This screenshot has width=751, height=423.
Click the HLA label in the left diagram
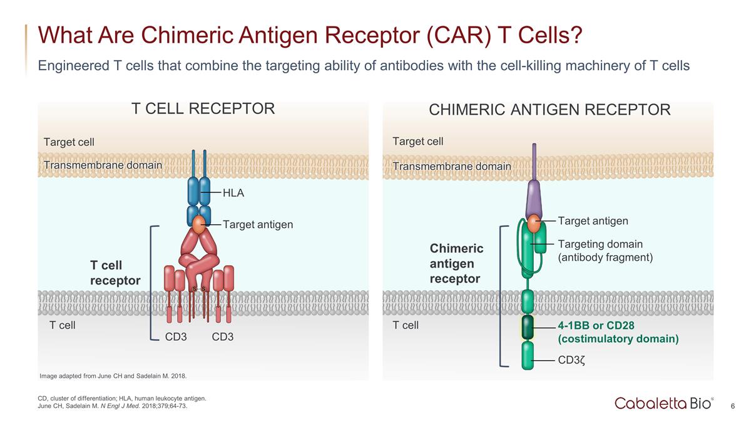pos(233,193)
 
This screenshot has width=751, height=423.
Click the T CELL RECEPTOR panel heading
pos(203,109)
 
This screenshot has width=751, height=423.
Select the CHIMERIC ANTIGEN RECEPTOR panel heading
pos(549,110)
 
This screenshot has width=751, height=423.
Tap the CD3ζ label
pos(571,360)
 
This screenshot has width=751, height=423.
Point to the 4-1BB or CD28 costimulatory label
pos(618,332)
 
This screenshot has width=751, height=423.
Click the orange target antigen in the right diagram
pos(534,222)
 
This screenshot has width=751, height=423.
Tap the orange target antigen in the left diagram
pos(199,224)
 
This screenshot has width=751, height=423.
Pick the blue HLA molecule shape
pos(199,191)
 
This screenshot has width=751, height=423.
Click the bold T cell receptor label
pos(115,273)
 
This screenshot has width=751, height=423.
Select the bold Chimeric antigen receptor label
pos(456,263)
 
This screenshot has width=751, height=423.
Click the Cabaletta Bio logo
pos(663,403)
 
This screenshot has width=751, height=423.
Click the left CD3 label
pos(176,337)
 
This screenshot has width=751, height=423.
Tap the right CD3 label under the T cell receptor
pos(223,337)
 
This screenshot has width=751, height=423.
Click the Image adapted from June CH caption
pos(113,376)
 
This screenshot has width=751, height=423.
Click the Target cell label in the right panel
pos(417,142)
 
